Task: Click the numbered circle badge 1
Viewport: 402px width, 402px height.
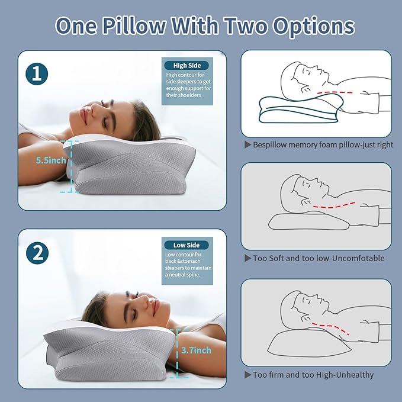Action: (x=37, y=75)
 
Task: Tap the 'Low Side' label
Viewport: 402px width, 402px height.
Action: (x=186, y=245)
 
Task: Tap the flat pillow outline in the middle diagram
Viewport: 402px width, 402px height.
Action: (x=302, y=220)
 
